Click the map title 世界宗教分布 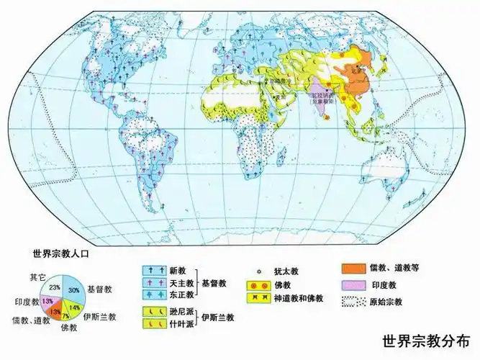[x=429, y=340]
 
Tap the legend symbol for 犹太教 [x=258, y=271]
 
